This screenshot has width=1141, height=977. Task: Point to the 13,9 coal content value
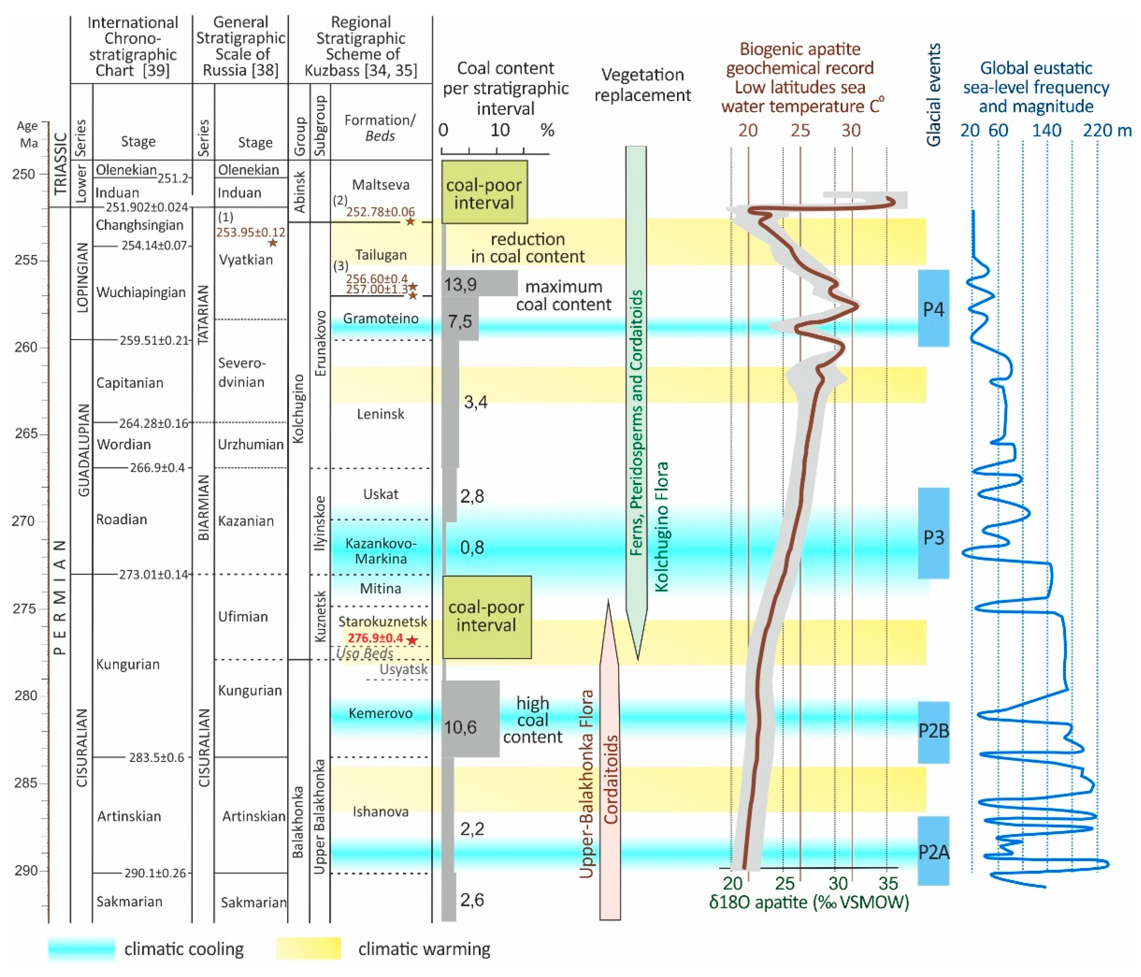click(x=460, y=284)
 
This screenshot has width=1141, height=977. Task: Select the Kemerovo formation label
click(x=381, y=713)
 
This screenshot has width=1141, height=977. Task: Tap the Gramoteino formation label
click(x=381, y=318)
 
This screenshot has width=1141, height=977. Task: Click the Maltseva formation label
click(x=381, y=185)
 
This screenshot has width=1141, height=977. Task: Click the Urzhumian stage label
click(x=251, y=444)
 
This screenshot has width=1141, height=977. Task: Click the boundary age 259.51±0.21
click(x=154, y=340)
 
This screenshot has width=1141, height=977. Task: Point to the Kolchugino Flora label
click(x=661, y=526)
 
